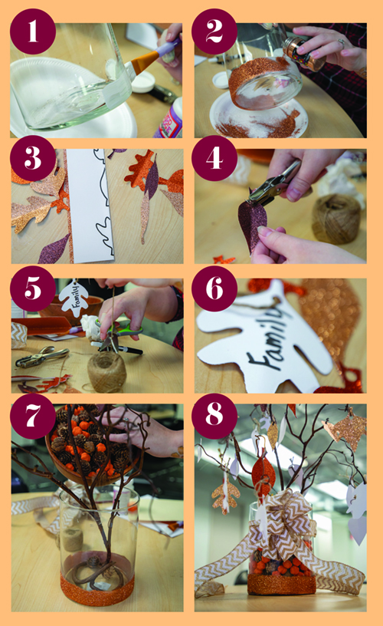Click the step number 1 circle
pyautogui.click(x=33, y=31)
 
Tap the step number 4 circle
pyautogui.click(x=214, y=158)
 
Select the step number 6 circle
pyautogui.click(x=214, y=288)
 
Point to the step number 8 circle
pyautogui.click(x=214, y=416)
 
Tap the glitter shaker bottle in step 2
pyautogui.click(x=303, y=53)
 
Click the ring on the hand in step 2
pyautogui.click(x=342, y=43)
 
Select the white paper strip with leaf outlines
pyautogui.click(x=91, y=206)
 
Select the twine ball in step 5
pyautogui.click(x=106, y=372)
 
